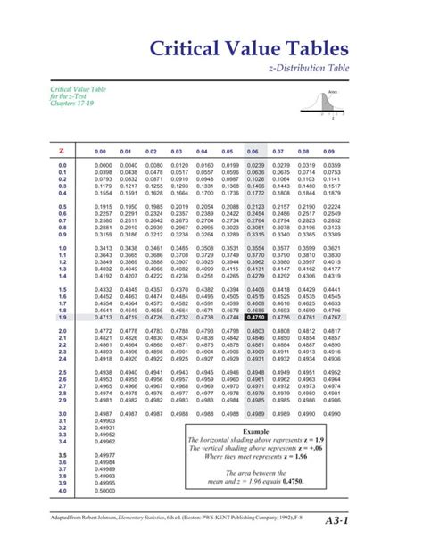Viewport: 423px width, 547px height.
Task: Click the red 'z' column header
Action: [x=62, y=152]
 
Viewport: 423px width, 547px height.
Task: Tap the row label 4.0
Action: [x=62, y=491]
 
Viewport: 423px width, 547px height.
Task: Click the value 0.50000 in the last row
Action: [x=104, y=491]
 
